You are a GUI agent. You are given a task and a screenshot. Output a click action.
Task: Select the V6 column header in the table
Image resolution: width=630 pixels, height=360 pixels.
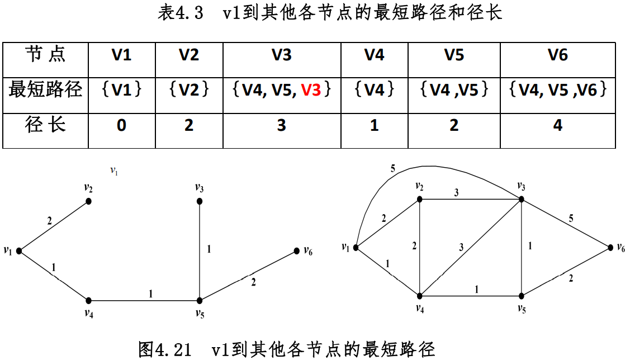click(x=557, y=55)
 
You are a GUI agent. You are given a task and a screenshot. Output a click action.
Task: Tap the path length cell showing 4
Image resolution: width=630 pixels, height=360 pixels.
click(x=557, y=126)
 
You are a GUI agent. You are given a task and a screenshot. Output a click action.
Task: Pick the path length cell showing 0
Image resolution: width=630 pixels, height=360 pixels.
click(x=121, y=126)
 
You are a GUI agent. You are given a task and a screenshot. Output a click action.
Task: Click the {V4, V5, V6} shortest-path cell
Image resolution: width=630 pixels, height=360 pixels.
click(x=557, y=90)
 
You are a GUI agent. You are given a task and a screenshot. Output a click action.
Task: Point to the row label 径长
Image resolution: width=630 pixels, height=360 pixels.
click(x=45, y=125)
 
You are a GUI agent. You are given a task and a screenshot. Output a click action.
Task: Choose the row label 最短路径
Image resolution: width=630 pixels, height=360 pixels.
click(x=45, y=89)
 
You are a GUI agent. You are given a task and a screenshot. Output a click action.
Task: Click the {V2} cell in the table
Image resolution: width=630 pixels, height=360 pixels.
click(x=189, y=90)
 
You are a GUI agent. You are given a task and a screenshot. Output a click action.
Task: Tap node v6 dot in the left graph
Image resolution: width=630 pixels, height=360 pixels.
click(x=296, y=252)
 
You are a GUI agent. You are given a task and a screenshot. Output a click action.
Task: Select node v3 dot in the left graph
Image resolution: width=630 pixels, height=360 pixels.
click(x=200, y=201)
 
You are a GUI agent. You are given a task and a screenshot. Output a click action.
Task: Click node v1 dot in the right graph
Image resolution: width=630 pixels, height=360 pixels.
click(x=356, y=247)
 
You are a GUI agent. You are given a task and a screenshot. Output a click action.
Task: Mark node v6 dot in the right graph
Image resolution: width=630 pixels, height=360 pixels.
click(x=610, y=247)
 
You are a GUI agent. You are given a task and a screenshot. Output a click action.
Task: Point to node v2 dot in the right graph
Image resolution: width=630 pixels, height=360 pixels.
click(x=420, y=199)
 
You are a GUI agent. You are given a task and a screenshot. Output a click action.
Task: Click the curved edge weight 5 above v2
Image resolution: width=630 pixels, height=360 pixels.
click(x=392, y=168)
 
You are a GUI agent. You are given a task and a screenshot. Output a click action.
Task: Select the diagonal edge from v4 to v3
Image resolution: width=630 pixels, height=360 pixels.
click(x=470, y=247)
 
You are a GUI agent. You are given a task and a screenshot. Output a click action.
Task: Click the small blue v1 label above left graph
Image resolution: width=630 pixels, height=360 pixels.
click(x=114, y=171)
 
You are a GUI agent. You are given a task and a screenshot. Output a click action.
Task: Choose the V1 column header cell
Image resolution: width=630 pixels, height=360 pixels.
click(x=121, y=55)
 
